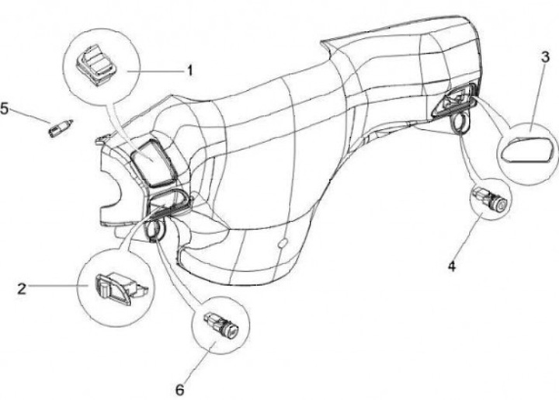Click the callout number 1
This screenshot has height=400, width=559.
tap(189, 71)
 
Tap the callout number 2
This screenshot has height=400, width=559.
tap(22, 289)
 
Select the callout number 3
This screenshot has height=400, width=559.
tap(546, 57)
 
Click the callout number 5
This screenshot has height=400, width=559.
tap(6, 109)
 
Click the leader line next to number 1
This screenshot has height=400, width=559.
tap(159, 71)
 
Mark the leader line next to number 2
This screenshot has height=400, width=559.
tap(58, 288)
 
